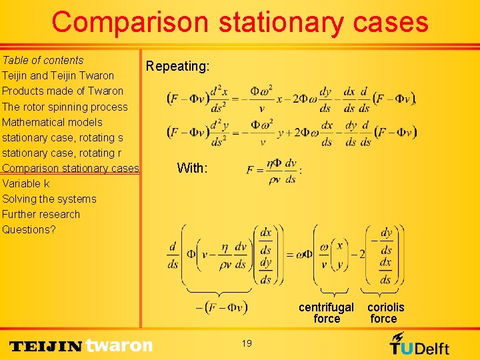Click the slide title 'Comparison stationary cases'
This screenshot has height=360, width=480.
[x=240, y=21]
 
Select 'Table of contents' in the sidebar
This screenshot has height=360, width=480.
[x=43, y=60]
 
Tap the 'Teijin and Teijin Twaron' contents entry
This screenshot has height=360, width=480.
[x=58, y=75]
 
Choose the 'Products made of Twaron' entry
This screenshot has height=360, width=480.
[x=63, y=91]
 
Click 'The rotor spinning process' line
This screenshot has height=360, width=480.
[x=65, y=107]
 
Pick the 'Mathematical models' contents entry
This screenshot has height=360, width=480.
[x=52, y=122]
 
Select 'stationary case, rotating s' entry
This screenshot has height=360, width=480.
[x=63, y=137]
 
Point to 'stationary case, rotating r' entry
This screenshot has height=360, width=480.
[x=61, y=153]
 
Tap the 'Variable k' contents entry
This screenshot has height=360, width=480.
[x=26, y=183]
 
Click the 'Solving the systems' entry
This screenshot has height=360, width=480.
[x=49, y=199]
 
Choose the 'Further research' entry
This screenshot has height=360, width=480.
[x=41, y=214]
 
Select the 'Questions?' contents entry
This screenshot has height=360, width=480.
[x=29, y=229]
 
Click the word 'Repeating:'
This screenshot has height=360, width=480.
[x=178, y=66]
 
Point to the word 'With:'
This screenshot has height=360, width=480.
[x=193, y=168]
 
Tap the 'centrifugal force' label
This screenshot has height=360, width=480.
[x=326, y=313]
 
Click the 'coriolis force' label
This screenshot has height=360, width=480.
[x=385, y=313]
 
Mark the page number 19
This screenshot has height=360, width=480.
[x=247, y=343]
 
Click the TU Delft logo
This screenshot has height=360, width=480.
[x=419, y=345]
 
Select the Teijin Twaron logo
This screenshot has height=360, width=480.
[x=81, y=345]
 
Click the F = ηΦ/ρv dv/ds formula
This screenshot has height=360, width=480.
[x=272, y=171]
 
